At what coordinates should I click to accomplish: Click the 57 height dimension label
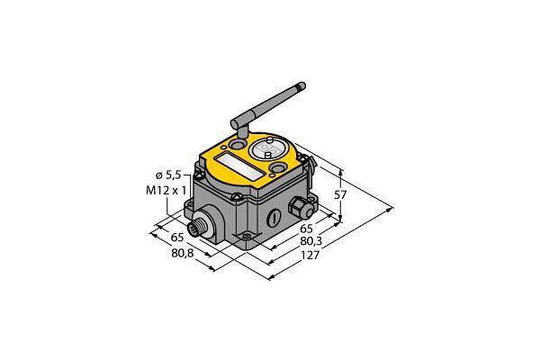[340, 195]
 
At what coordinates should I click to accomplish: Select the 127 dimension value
[310, 256]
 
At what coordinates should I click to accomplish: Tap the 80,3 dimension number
[311, 241]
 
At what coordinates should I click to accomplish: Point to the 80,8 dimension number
[183, 253]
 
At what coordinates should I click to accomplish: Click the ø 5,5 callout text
[168, 175]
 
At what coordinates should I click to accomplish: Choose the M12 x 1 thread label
[166, 190]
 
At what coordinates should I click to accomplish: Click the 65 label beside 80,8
[177, 238]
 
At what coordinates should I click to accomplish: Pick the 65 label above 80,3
[307, 228]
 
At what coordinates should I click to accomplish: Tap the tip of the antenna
[302, 85]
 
